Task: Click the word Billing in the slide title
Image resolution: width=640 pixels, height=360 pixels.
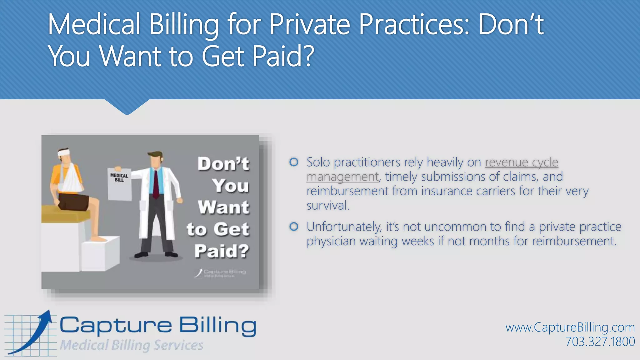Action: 183,25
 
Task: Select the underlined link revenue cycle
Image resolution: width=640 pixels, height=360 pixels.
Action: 521,162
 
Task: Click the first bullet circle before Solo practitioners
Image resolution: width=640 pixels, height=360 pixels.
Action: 294,162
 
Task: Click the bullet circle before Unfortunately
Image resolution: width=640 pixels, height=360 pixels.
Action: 294,227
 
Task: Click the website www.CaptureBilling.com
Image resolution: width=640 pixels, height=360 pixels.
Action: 570,327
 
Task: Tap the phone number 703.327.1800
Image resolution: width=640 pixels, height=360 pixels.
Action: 600,342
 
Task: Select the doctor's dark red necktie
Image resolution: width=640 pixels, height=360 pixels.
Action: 156,184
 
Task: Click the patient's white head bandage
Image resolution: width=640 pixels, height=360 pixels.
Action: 64,153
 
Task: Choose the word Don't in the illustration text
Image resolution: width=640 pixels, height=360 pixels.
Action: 223,164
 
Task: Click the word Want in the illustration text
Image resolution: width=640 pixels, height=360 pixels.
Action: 223,207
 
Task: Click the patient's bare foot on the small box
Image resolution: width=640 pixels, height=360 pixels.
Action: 98,239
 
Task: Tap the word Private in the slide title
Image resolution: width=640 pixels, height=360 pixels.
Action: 309,25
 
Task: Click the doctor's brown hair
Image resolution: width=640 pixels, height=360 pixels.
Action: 155,155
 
